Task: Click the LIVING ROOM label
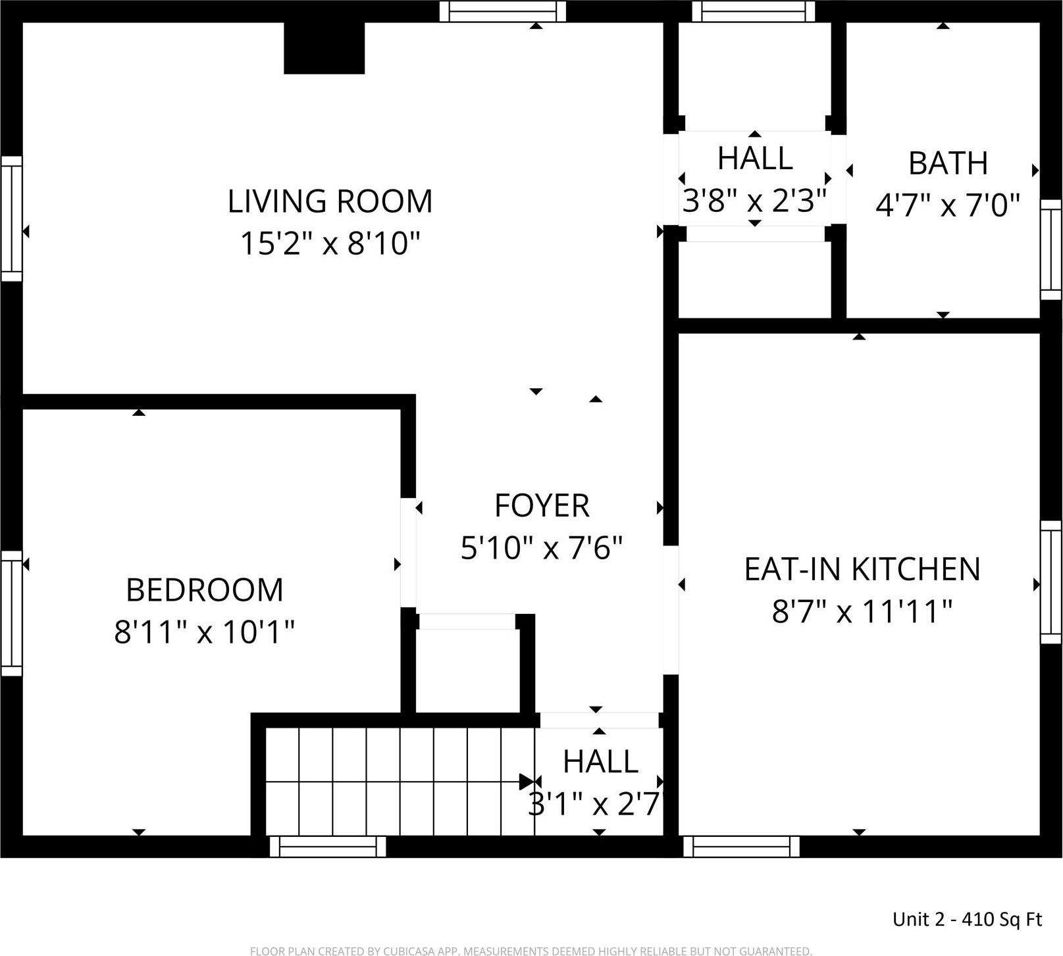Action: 330,201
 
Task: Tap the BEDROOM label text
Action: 204,590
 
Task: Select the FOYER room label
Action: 542,506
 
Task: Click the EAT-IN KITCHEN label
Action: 862,569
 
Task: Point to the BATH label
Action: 948,163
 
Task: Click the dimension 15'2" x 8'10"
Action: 330,244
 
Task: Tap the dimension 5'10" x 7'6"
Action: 542,548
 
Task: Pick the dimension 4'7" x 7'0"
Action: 948,205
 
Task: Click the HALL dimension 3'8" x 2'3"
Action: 754,201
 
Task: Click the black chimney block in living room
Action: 324,48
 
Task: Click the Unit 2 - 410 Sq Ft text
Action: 967,919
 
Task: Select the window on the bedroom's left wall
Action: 11,613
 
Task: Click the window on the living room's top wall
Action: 503,11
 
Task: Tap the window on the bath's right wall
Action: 1050,249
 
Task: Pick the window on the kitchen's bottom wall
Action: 741,846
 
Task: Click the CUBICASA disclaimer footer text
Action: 531,951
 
